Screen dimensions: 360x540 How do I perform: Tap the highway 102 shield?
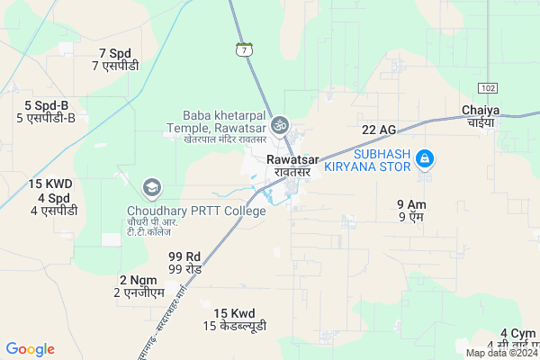point(488,87)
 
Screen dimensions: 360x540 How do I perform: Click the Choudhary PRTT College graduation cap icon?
point(151,187)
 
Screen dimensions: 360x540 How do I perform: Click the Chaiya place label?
point(480,115)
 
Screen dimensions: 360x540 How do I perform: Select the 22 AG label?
point(379,130)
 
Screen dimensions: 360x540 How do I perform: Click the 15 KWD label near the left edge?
point(49,184)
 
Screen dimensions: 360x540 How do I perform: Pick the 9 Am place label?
point(411,211)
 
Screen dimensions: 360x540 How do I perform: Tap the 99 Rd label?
point(184,263)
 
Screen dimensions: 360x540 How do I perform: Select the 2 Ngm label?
point(138,285)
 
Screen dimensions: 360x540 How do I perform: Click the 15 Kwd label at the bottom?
point(234,319)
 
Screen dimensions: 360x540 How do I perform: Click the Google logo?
point(31,349)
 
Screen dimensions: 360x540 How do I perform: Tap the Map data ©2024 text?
point(501,353)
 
